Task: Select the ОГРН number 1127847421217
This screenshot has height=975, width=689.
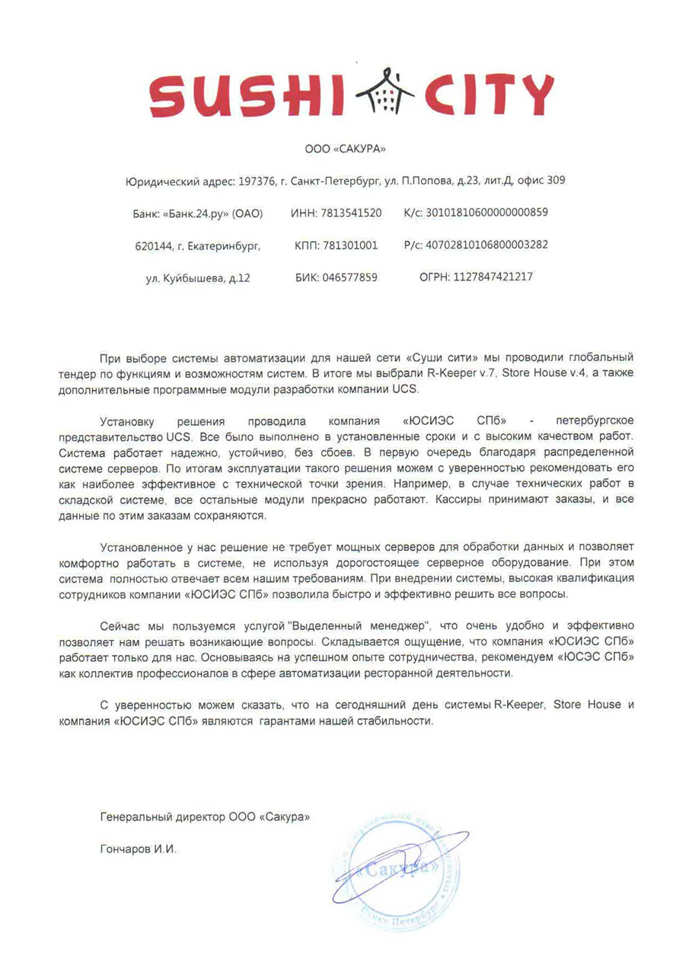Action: [493, 277]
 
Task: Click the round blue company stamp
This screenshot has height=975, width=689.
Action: [396, 868]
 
